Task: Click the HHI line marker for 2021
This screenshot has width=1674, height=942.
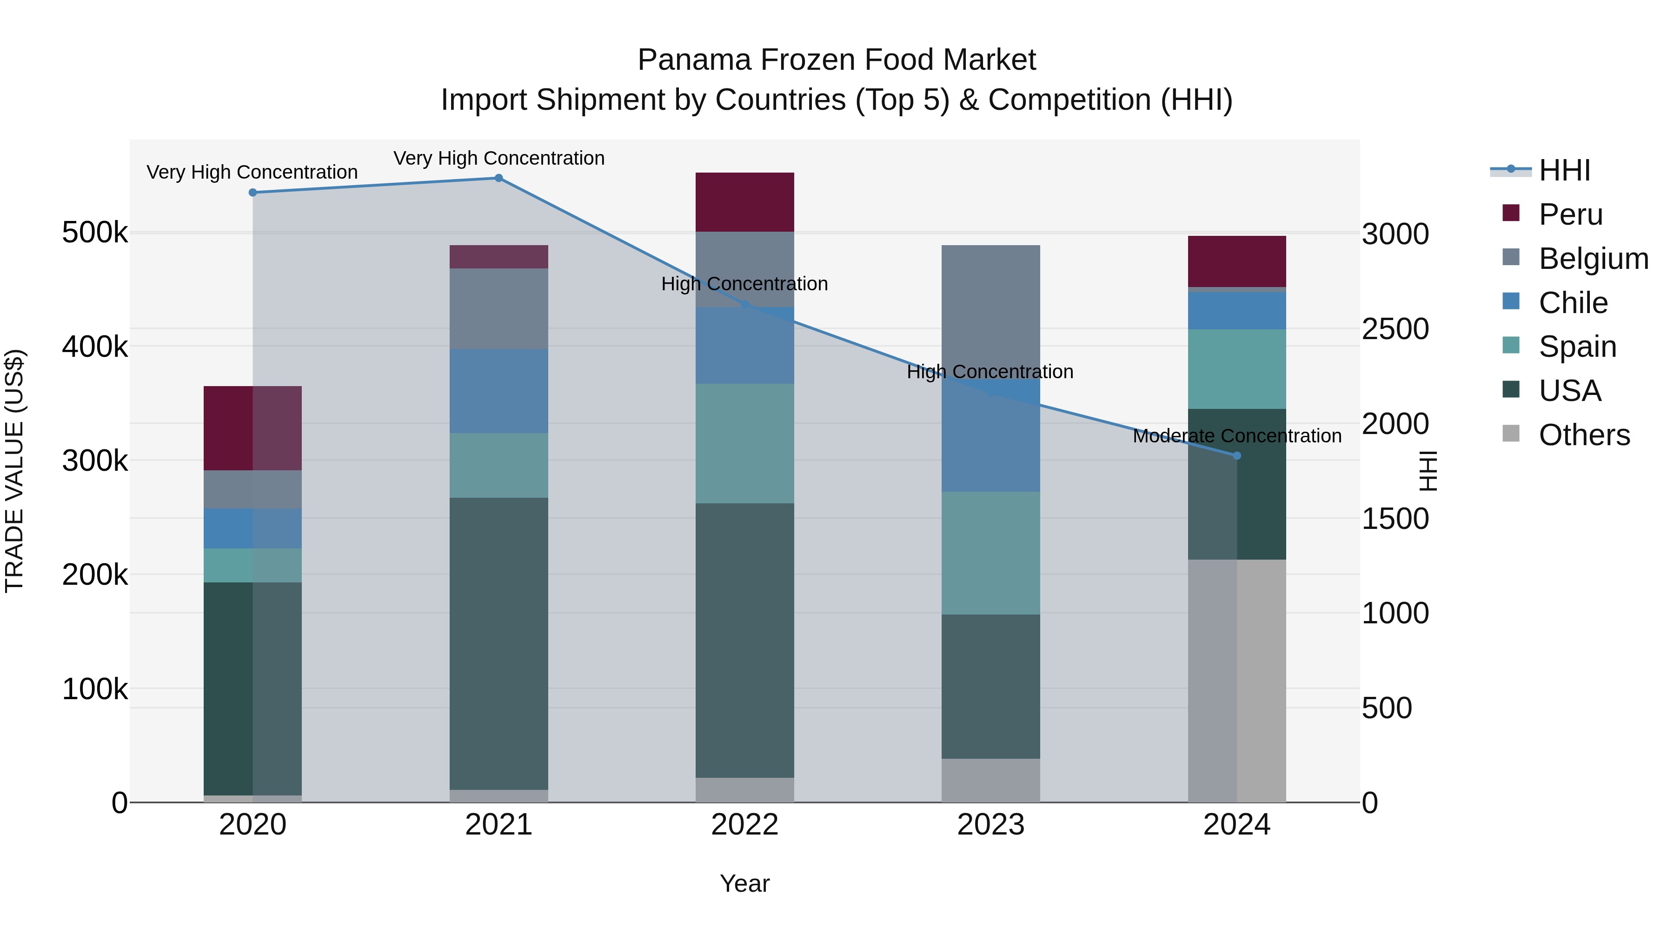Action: click(x=498, y=178)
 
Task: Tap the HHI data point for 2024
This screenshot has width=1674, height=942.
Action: click(x=1236, y=456)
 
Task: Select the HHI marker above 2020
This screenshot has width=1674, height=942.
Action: click(x=253, y=193)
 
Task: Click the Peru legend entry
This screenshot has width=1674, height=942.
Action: click(x=1570, y=214)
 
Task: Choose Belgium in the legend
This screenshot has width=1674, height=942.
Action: click(x=1593, y=259)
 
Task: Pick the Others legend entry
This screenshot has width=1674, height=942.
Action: click(x=1584, y=435)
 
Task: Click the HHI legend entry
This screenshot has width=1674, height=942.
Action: click(x=1564, y=170)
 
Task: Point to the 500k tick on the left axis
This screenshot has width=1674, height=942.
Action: click(x=95, y=233)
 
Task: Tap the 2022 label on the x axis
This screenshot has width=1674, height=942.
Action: click(x=745, y=825)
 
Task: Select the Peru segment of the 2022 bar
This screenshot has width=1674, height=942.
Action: click(x=745, y=202)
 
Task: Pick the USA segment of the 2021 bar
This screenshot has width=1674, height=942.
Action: click(x=498, y=644)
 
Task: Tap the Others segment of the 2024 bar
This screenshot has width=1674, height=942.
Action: click(x=1236, y=681)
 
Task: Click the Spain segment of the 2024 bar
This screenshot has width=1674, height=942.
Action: click(x=1236, y=368)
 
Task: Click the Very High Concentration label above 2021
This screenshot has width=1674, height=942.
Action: click(x=498, y=159)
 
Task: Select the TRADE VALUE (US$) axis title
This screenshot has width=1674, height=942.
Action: click(x=15, y=471)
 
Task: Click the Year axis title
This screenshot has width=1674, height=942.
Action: click(x=745, y=883)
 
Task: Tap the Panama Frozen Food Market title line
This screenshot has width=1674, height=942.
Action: click(x=837, y=60)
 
